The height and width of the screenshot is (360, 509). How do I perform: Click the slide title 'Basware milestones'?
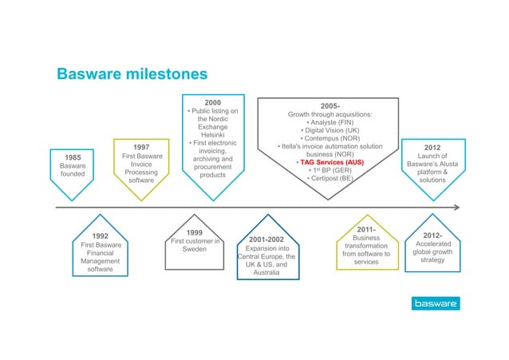[x=132, y=74]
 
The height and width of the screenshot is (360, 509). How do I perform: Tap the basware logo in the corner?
[x=435, y=304]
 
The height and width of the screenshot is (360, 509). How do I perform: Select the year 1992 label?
[x=101, y=235]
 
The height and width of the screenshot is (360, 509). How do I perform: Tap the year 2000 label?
[x=212, y=102]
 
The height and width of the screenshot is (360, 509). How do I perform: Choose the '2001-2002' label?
[x=266, y=239]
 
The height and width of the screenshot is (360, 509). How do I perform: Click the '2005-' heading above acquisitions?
[x=330, y=106]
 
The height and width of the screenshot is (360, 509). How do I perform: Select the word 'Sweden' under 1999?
[x=195, y=249]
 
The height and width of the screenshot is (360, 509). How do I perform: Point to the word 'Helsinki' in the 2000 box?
[x=212, y=134]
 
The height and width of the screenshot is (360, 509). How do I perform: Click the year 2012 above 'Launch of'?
[x=432, y=148]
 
